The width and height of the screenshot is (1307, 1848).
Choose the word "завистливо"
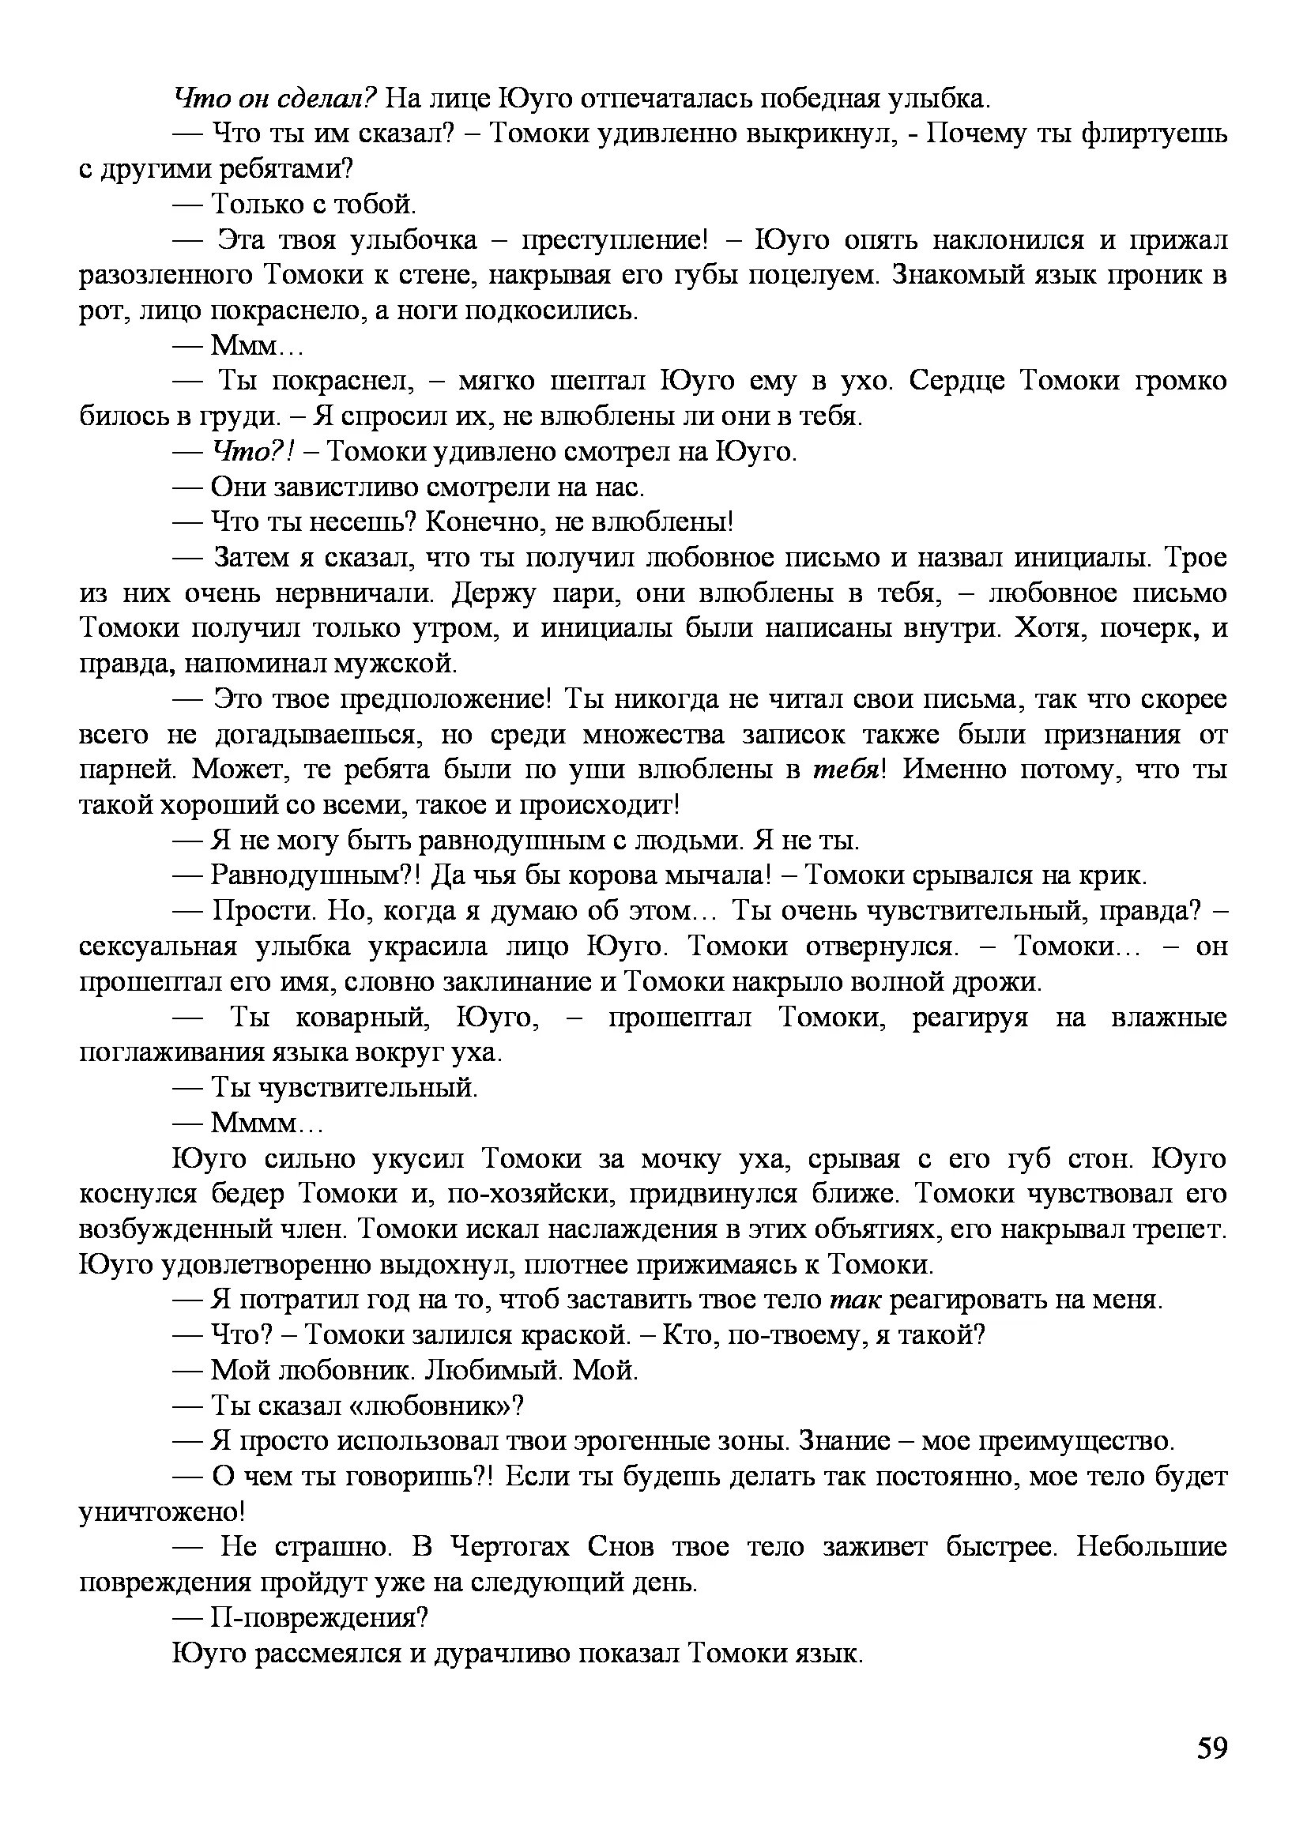(x=346, y=487)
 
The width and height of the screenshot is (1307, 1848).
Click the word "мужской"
(x=403, y=664)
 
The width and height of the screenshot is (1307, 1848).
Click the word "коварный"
(x=363, y=1018)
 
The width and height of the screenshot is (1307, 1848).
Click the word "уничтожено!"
(x=162, y=1512)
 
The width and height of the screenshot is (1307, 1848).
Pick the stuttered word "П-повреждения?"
(x=318, y=1618)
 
